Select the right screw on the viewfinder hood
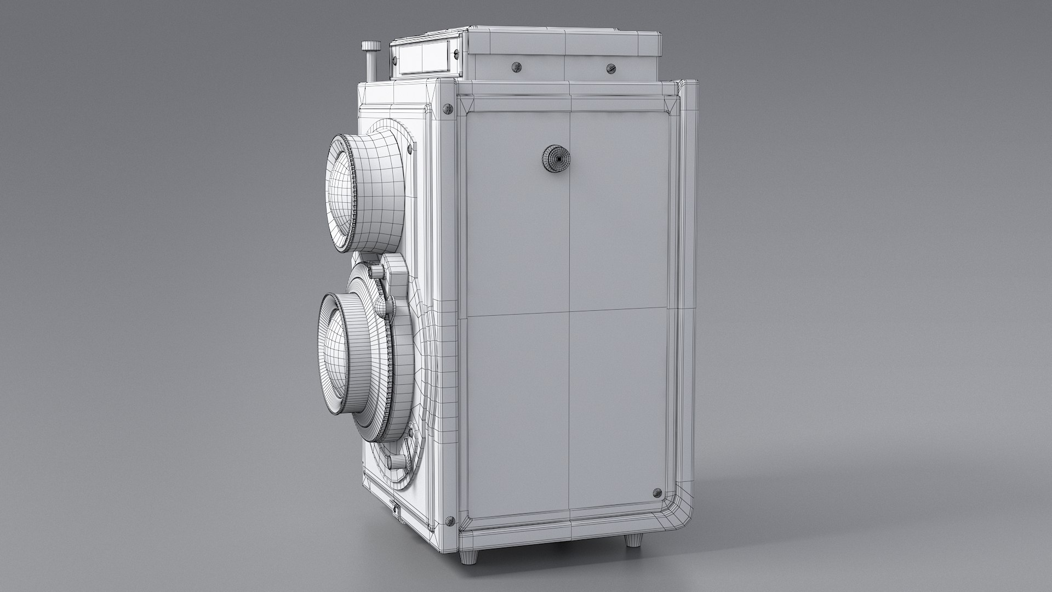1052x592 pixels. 611,69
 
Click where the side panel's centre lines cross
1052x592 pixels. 570,315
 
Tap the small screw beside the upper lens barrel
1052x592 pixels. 409,148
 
